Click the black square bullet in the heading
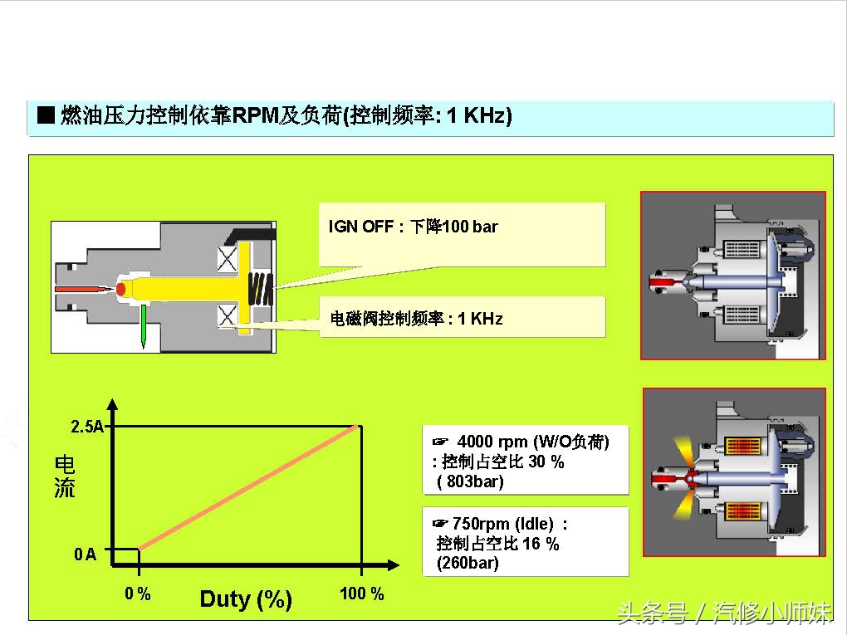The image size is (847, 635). coord(46,115)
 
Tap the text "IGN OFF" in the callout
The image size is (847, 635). coord(361,227)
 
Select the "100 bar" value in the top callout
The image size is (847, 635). coord(469,227)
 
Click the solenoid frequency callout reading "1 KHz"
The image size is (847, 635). coord(480,319)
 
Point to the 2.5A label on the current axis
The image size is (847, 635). coord(87,427)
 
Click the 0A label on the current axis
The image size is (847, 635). coord(85,554)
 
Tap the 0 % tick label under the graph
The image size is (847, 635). coord(138,593)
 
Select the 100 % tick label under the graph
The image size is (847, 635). coord(362,593)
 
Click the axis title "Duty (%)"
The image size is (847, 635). coord(246,598)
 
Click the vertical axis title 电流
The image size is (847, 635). coord(65,476)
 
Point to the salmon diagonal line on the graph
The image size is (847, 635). coord(248,487)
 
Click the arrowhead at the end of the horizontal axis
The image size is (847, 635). coord(394,565)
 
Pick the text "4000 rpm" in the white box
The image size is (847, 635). coord(492,442)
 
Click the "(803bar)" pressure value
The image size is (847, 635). coord(470,481)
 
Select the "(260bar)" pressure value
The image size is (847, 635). coord(468,563)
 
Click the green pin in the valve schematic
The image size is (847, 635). coord(144,326)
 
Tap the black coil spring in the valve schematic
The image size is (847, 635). coord(261,289)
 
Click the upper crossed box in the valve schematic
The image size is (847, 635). coord(228,259)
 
